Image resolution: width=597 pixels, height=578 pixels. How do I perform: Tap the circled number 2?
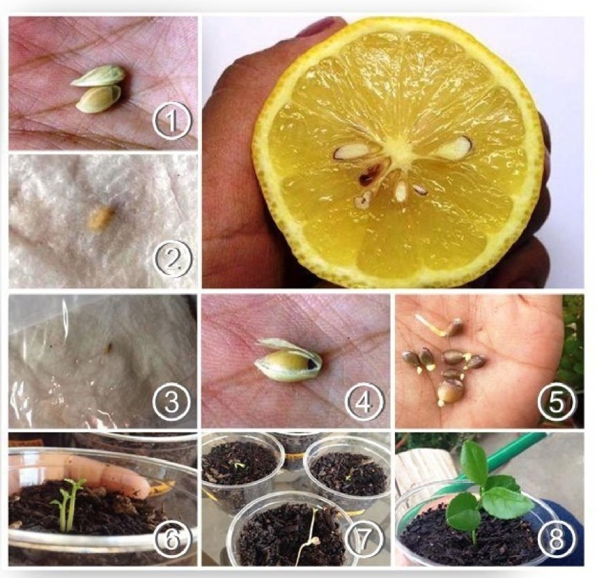(173, 259)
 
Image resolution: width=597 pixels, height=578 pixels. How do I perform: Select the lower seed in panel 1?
(98, 99)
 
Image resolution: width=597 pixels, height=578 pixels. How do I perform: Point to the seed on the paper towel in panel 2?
(100, 218)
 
